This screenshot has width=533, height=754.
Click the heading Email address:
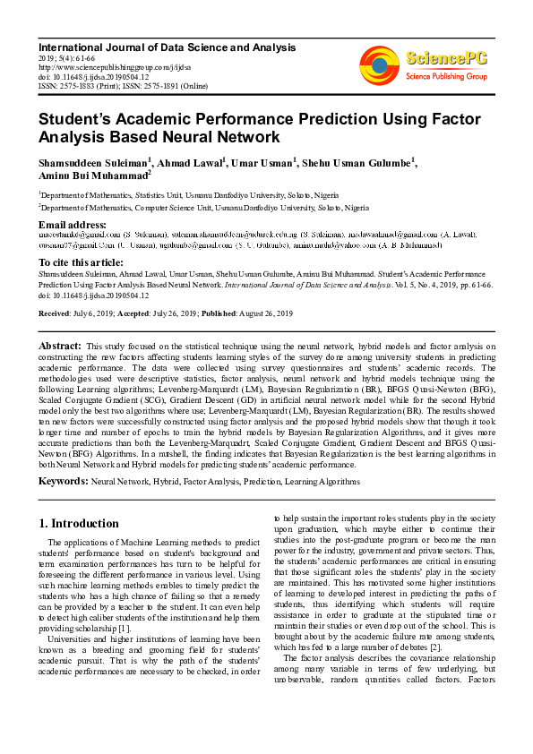73,224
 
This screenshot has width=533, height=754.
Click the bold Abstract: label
60,346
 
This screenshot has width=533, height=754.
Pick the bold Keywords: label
63,482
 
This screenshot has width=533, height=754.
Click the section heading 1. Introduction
79,524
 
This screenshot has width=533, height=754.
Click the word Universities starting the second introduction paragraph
73,638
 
